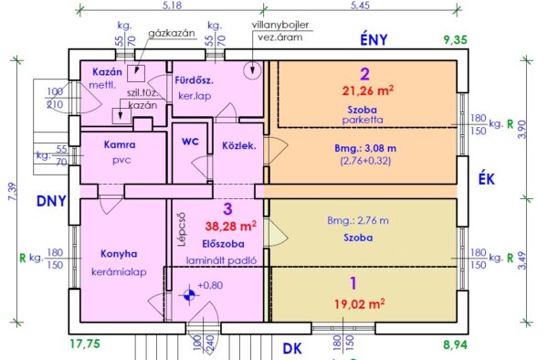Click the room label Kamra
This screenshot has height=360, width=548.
(120, 144)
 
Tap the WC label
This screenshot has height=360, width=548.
(190, 142)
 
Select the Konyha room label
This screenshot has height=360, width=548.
(119, 254)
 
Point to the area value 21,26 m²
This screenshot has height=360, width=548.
(368, 90)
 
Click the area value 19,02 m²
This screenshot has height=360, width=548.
(360, 303)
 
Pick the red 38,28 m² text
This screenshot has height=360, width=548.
(231, 226)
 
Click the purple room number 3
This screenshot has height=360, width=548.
(227, 209)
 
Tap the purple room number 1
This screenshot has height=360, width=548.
(353, 283)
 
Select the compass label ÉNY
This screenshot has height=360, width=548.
(374, 40)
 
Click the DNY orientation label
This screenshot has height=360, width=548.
(51, 201)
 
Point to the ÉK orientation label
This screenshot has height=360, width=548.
(487, 179)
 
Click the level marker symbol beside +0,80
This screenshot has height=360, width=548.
(189, 295)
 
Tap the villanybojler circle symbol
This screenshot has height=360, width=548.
(252, 70)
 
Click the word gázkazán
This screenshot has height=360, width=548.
(172, 34)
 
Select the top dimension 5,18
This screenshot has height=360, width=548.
(173, 6)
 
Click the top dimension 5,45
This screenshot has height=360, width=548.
(360, 6)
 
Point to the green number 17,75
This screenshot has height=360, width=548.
(85, 344)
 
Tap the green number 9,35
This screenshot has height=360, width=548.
(456, 40)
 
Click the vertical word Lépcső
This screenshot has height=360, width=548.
(182, 230)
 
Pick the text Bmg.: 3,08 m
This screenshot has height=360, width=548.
(365, 149)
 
